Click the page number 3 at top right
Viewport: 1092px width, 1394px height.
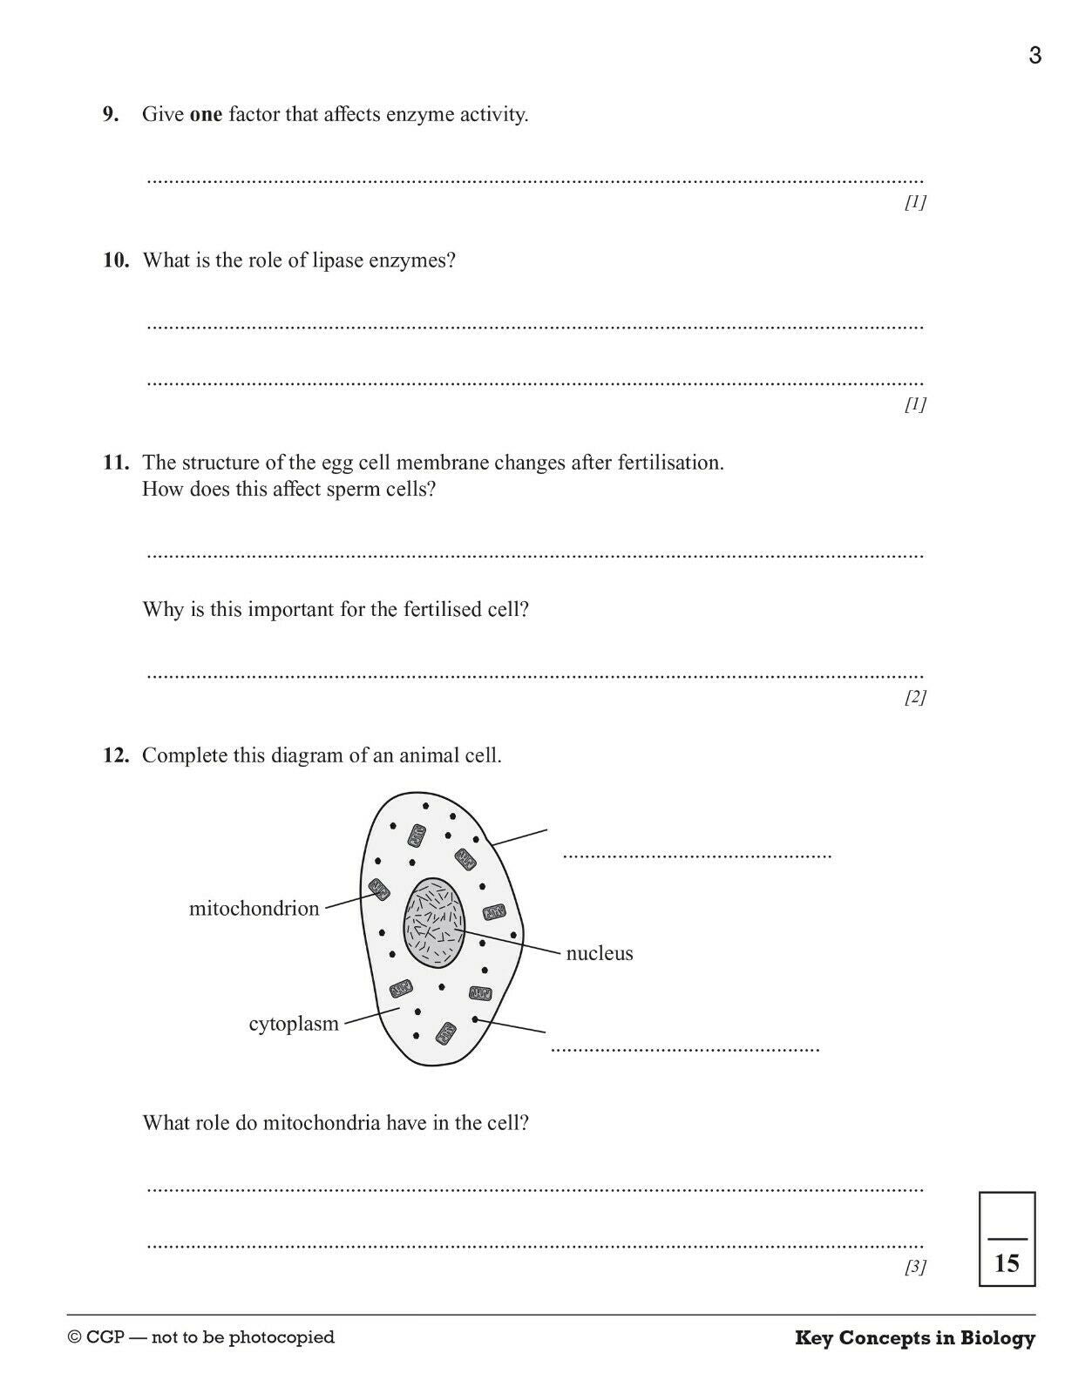(1034, 56)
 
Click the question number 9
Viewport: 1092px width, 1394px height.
(111, 114)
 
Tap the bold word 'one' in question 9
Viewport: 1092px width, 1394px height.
(206, 114)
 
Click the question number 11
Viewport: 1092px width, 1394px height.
(115, 462)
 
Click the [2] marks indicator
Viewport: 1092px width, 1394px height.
(914, 696)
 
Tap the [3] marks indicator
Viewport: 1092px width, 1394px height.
(914, 1266)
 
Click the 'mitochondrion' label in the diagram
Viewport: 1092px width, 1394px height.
(254, 909)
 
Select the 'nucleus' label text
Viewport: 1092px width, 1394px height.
(600, 953)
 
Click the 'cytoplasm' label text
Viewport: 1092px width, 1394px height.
(294, 1024)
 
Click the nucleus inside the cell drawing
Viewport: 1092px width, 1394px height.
(433, 923)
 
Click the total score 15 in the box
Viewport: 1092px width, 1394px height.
(1007, 1262)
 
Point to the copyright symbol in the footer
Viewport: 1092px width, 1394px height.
(75, 1337)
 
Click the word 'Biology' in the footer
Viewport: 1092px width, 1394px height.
(998, 1338)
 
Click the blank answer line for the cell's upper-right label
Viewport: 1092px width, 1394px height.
(696, 855)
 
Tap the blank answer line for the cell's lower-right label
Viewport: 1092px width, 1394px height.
(685, 1049)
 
